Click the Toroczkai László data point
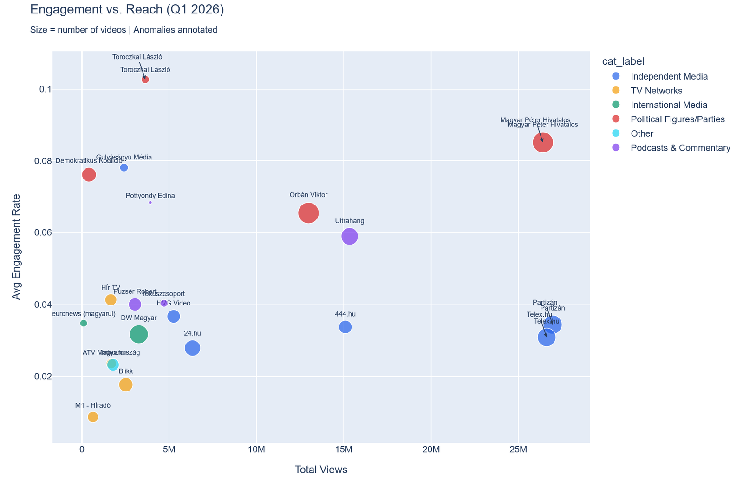coord(145,79)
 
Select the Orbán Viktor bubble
coord(308,213)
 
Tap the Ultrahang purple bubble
coord(350,236)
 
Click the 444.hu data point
coord(345,327)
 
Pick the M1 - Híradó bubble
coord(93,417)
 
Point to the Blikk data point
coord(126,384)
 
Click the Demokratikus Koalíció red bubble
coord(89,174)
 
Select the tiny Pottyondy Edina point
coord(150,202)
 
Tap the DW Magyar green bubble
coord(139,334)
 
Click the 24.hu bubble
coord(192,348)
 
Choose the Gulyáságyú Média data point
coord(124,167)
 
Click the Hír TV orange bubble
coord(111,299)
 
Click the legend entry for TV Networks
coord(656,91)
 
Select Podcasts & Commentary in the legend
coord(680,148)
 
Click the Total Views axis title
coord(321,470)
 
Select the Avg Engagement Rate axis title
coord(16,246)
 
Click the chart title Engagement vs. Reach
coord(127,9)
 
